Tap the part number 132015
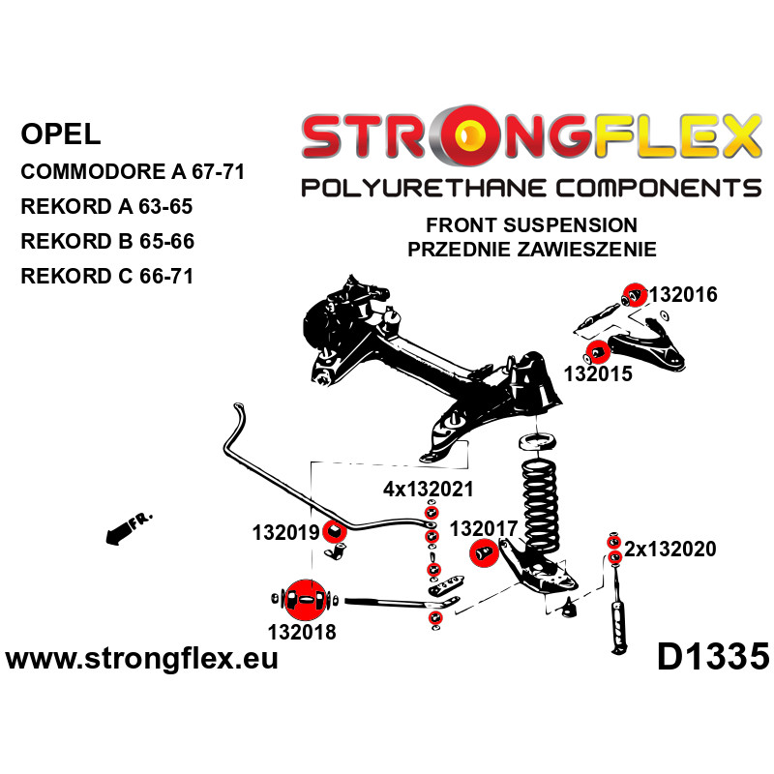coord(598,372)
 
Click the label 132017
coord(485,528)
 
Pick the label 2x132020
coord(670,550)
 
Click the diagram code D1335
coord(712,658)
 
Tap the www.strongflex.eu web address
coord(142,660)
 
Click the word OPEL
coord(59,133)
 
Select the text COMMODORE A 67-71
coord(132,173)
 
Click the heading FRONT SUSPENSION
coord(531,225)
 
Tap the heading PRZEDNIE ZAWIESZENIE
coord(532,249)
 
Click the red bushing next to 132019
coord(335,530)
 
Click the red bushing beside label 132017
coord(483,553)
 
